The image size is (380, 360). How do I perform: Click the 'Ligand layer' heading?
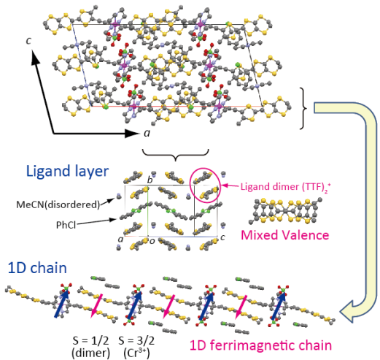[67, 172]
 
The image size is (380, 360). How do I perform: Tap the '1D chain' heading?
[37, 268]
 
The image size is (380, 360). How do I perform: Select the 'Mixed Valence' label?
[284, 235]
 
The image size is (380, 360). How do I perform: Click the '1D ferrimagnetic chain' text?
[260, 345]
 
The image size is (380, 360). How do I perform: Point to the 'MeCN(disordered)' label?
[58, 204]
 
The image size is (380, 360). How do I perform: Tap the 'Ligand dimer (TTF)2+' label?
[286, 187]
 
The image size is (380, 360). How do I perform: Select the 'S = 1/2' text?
[90, 341]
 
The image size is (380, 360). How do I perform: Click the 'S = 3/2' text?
[136, 341]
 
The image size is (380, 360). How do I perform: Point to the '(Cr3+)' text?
[136, 353]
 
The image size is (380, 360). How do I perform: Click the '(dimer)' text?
[90, 353]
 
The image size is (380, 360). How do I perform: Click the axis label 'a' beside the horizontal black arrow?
[147, 133]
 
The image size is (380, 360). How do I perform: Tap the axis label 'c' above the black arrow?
[28, 41]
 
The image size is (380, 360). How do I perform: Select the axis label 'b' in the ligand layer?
[150, 180]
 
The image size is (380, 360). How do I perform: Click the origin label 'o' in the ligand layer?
[152, 242]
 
